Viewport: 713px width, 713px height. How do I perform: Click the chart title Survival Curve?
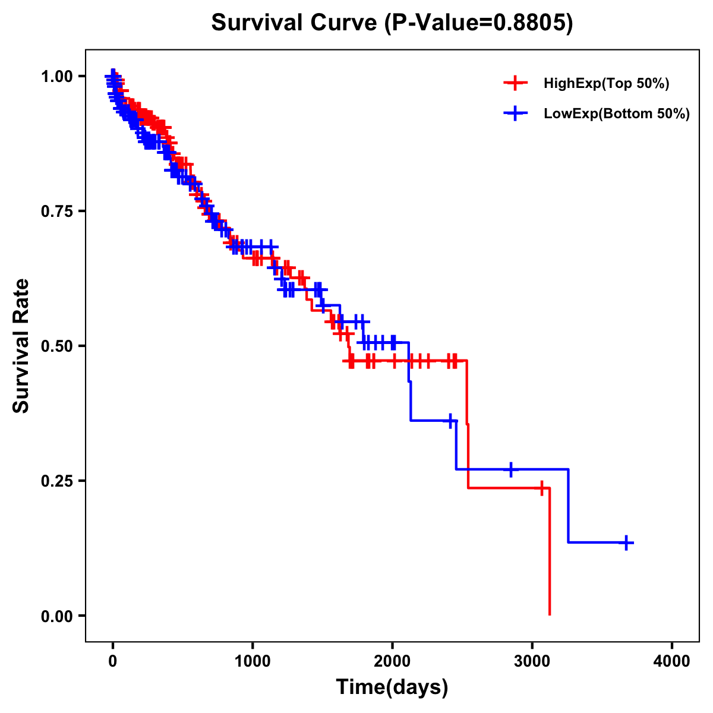tap(295, 23)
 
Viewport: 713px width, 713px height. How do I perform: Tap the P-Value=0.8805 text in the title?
tap(479, 23)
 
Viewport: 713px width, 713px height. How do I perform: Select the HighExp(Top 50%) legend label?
tap(606, 84)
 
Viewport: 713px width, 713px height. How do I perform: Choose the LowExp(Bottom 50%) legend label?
tap(617, 113)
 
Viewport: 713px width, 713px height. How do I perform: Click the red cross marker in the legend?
tap(515, 83)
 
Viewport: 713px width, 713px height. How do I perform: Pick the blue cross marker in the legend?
tap(515, 113)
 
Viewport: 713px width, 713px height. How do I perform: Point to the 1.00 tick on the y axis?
tap(56, 76)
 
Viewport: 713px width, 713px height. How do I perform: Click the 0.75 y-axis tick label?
tap(56, 211)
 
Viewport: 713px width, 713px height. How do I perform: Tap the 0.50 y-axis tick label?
tap(56, 346)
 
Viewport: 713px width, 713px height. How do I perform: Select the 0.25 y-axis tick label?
tap(56, 481)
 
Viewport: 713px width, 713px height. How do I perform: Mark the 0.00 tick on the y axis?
tap(56, 616)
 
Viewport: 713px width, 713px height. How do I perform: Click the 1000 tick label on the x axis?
tap(253, 661)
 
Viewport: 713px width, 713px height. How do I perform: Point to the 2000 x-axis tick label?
tap(392, 661)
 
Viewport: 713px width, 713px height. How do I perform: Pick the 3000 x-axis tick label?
tap(532, 661)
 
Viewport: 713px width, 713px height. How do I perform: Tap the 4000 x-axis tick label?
tap(672, 661)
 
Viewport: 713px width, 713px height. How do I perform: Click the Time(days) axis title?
tap(392, 687)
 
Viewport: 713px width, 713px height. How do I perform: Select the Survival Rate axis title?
tap(21, 346)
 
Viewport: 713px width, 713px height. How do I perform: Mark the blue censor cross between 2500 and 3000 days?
tap(510, 469)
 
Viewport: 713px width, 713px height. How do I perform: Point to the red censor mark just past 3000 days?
tap(542, 488)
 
